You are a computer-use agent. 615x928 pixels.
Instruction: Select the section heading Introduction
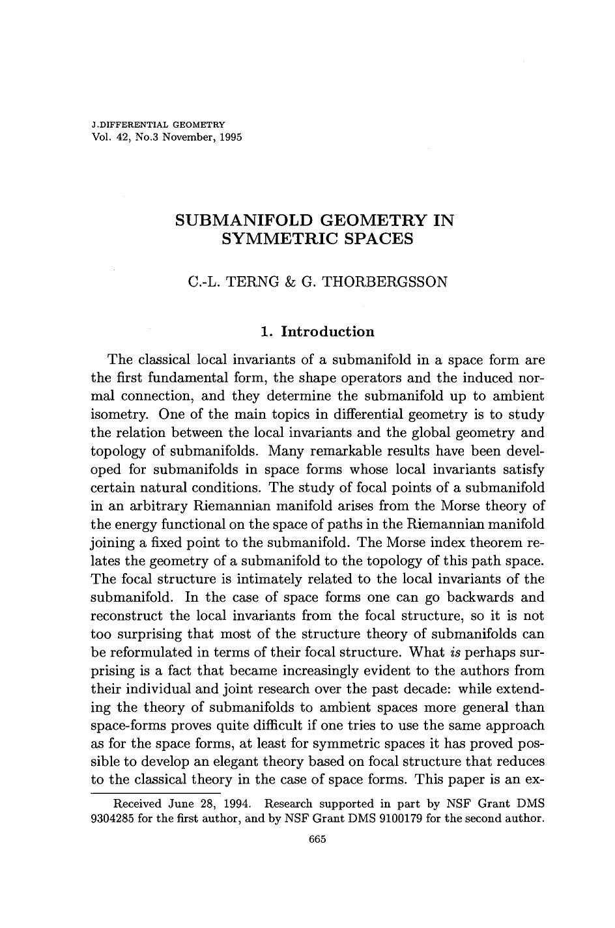pos(327,332)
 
